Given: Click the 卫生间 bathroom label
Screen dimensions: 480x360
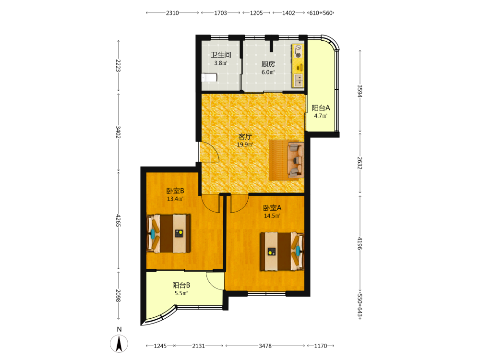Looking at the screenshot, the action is pyautogui.click(x=221, y=55).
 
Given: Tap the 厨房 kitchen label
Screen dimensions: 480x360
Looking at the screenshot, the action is pyautogui.click(x=268, y=64).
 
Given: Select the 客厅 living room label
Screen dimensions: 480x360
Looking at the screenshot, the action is pyautogui.click(x=245, y=136).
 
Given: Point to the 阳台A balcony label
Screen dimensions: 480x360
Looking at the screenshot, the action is pyautogui.click(x=321, y=108).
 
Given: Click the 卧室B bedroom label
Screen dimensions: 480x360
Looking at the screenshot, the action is pyautogui.click(x=175, y=191).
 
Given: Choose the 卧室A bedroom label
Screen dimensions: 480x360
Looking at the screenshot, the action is pyautogui.click(x=272, y=208).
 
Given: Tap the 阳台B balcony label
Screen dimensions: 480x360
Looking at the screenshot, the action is pyautogui.click(x=181, y=285).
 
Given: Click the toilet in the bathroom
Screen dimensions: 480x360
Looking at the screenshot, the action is pyautogui.click(x=209, y=77).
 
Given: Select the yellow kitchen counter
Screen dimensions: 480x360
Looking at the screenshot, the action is pyautogui.click(x=298, y=65).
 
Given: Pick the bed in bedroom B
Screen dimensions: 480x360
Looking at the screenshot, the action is pyautogui.click(x=168, y=234).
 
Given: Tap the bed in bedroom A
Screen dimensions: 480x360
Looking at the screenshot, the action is pyautogui.click(x=282, y=252).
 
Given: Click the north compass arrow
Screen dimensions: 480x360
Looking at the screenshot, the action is pyautogui.click(x=119, y=344).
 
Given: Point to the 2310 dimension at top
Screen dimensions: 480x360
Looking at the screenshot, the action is pyautogui.click(x=172, y=13).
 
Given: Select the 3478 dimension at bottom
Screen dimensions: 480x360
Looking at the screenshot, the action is pyautogui.click(x=265, y=346).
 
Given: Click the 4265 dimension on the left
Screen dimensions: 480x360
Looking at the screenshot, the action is pyautogui.click(x=119, y=220).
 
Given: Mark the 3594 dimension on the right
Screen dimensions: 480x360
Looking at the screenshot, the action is pyautogui.click(x=360, y=91).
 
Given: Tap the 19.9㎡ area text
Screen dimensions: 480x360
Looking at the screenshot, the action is pyautogui.click(x=245, y=144).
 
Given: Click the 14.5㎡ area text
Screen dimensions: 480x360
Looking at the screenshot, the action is pyautogui.click(x=272, y=216).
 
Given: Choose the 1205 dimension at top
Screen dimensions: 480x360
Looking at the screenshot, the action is pyautogui.click(x=256, y=13).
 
